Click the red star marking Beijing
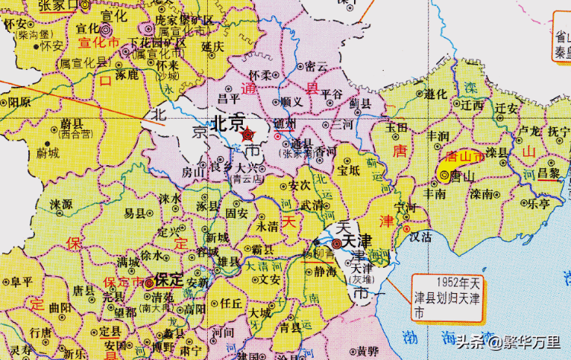point(248,135)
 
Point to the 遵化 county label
point(435,94)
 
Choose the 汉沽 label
point(420,237)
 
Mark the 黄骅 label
point(368,351)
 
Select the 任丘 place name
point(231,302)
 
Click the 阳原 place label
point(19,101)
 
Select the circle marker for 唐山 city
point(445,175)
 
